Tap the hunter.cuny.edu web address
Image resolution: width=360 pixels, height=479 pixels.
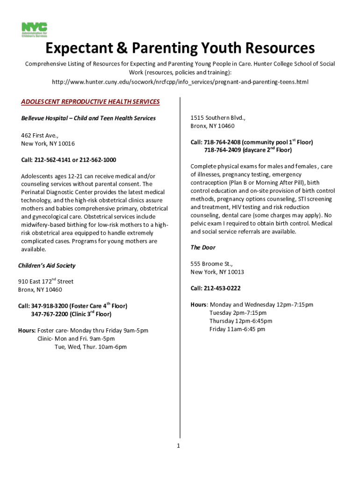point(180,82)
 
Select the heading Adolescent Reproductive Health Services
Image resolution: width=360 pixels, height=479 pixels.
point(90,102)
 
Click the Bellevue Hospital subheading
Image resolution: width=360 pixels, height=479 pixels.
point(88,118)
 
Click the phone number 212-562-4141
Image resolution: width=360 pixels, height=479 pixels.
point(52,160)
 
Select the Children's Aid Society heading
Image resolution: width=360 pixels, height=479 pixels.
point(47,266)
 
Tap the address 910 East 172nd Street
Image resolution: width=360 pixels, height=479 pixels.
point(46,282)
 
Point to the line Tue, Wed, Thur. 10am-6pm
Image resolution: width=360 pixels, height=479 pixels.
point(90,347)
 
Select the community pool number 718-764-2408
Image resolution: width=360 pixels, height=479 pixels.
point(222,142)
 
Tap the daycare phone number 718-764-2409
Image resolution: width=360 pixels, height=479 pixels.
point(222,150)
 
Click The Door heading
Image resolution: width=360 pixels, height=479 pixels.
point(203,247)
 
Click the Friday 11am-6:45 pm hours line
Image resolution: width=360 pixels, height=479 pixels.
point(237,329)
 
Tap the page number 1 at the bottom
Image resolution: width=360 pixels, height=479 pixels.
point(178,446)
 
